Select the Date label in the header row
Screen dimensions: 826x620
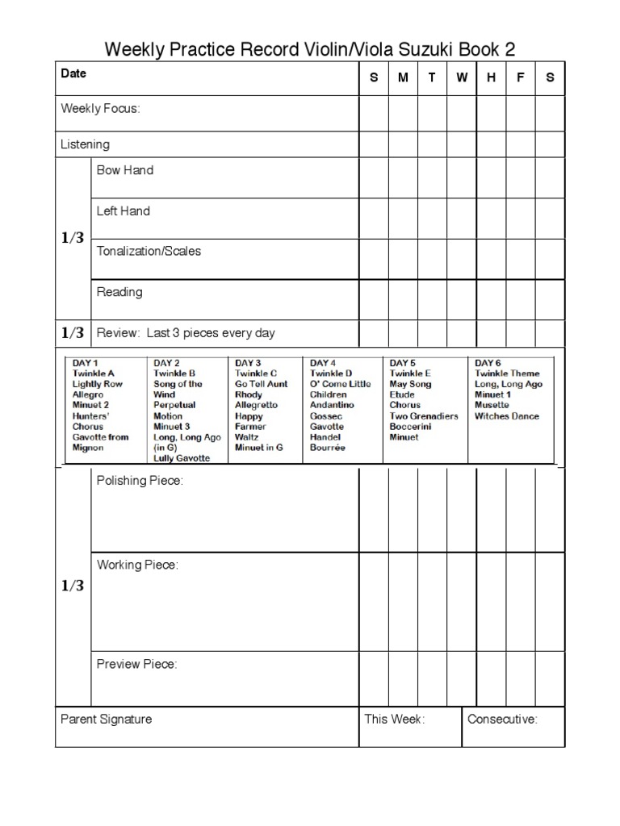73,73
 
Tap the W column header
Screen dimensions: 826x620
461,77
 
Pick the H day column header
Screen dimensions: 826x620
491,77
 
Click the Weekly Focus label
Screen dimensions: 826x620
100,109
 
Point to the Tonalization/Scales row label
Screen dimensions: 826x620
149,251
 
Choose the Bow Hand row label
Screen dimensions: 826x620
124,170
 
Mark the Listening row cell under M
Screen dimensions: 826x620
403,144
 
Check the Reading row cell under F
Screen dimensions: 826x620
521,299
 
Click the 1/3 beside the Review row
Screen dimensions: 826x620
73,332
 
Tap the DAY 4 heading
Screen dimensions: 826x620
324,363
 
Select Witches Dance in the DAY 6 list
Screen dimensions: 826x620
507,416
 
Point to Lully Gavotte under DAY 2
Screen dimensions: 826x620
182,458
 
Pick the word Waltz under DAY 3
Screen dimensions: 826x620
246,437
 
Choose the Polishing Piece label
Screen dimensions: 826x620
140,481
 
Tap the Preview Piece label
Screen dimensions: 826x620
136,665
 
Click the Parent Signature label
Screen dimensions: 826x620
106,720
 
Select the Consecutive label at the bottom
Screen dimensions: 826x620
502,720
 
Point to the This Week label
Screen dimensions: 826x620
394,720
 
